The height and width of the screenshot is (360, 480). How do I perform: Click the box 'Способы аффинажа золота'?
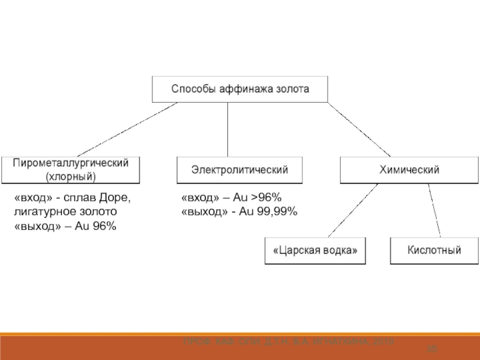[x=240, y=89]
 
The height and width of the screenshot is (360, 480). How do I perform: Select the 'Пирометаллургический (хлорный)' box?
[x=71, y=170]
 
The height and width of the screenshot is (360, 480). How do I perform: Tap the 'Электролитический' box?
[x=239, y=170]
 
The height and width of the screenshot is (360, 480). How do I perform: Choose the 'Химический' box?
[x=409, y=170]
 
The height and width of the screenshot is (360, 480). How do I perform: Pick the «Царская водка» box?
[x=315, y=251]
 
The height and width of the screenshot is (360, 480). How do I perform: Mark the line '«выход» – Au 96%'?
[x=65, y=226]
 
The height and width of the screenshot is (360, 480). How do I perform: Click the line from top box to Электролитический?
[x=227, y=129]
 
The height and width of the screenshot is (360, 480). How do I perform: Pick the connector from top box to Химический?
[x=358, y=130]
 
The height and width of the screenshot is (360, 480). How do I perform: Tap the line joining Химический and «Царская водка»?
[x=350, y=211]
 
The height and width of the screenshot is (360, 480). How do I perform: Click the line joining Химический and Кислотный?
[x=434, y=211]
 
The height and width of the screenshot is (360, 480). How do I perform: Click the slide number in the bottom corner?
[x=431, y=349]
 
